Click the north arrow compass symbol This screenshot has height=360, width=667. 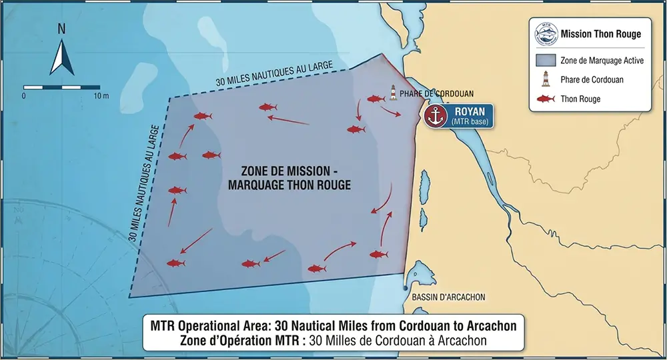coord(61,51)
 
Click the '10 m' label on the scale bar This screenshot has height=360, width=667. coord(101,96)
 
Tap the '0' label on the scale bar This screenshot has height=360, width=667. coord(24,96)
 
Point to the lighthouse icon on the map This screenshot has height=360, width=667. coord(394,93)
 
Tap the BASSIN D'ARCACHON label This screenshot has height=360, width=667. coord(448,297)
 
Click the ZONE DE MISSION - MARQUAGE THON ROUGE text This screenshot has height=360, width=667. coord(289,178)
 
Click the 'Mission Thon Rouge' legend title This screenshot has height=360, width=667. coord(601,34)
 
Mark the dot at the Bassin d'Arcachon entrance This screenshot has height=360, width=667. coord(406,287)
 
